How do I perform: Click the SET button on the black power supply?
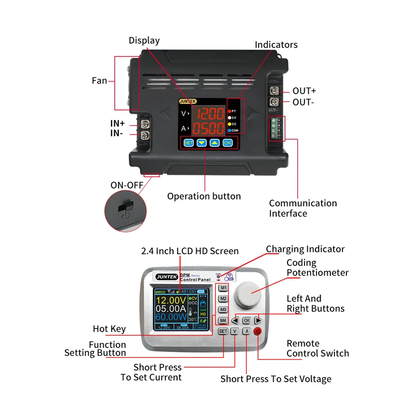point(188,143)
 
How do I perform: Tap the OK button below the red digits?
point(228,143)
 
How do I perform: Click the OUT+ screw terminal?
point(275,91)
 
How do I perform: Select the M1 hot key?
point(223,288)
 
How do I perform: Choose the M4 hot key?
point(223,321)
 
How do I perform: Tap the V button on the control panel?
point(234,332)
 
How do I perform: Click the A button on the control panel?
point(246,332)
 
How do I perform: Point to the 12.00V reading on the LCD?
point(171,300)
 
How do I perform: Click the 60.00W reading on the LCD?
point(171,318)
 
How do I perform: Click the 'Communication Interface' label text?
point(303,208)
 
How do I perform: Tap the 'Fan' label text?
point(99,80)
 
